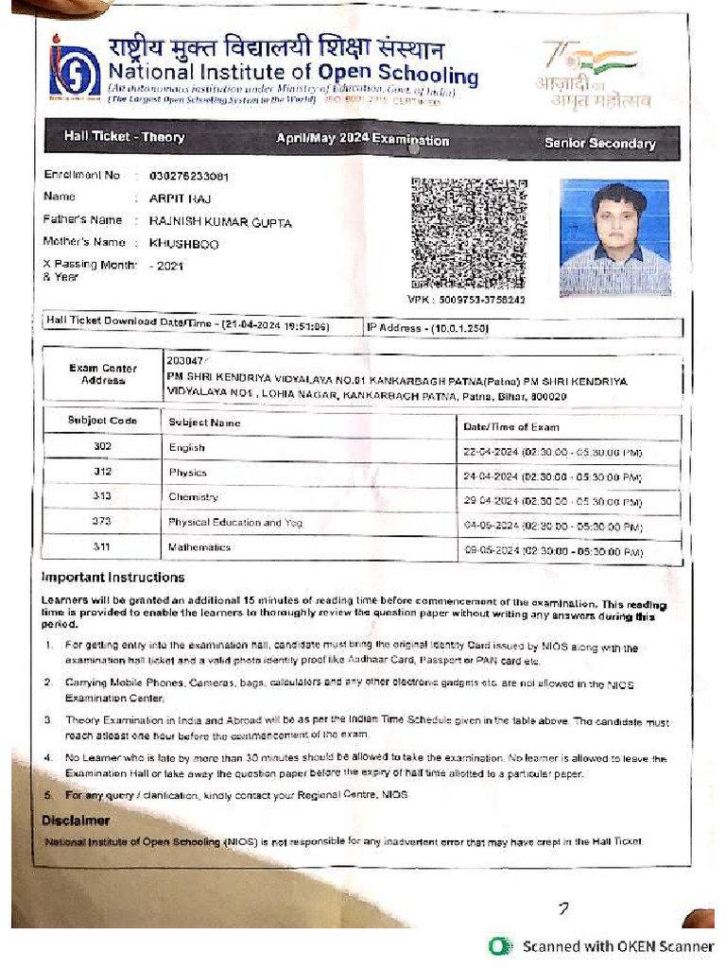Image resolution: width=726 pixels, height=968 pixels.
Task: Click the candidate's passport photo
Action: tap(614, 237)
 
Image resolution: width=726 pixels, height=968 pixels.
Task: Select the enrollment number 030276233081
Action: tap(189, 177)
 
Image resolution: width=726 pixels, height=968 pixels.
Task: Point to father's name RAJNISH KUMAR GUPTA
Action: tap(220, 222)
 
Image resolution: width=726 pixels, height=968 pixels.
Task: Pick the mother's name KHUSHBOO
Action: tap(183, 243)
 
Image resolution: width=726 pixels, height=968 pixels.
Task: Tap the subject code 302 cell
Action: tap(102, 446)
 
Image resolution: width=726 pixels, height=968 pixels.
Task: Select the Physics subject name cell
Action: tap(187, 472)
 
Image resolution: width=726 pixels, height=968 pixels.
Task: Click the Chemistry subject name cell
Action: tap(193, 496)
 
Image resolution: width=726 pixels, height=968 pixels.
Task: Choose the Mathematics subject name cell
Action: tap(199, 547)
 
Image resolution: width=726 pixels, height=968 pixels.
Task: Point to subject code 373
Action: tap(102, 522)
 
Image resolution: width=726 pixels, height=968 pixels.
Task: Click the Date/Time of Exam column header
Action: tap(510, 426)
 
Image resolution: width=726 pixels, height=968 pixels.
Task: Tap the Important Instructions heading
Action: tap(113, 578)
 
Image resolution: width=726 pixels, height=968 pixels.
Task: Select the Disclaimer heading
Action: tap(76, 821)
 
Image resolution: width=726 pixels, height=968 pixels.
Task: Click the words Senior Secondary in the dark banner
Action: tap(599, 144)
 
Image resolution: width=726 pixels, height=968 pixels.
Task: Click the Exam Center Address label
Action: tap(102, 374)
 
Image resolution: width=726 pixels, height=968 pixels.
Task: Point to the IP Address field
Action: tap(427, 328)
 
